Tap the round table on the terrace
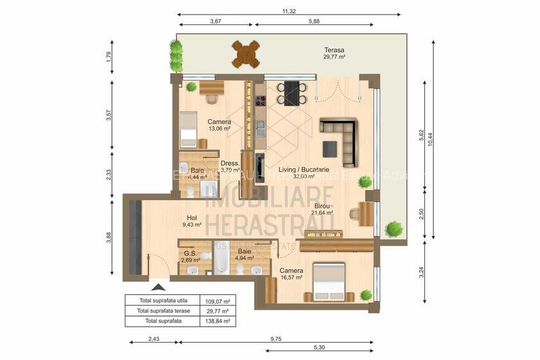[246, 54]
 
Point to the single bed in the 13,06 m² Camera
[187, 129]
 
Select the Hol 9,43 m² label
[191, 221]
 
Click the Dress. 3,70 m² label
[230, 167]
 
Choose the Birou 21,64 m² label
[322, 210]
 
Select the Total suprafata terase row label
[163, 311]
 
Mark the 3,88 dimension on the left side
[109, 237]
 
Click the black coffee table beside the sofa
[330, 148]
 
